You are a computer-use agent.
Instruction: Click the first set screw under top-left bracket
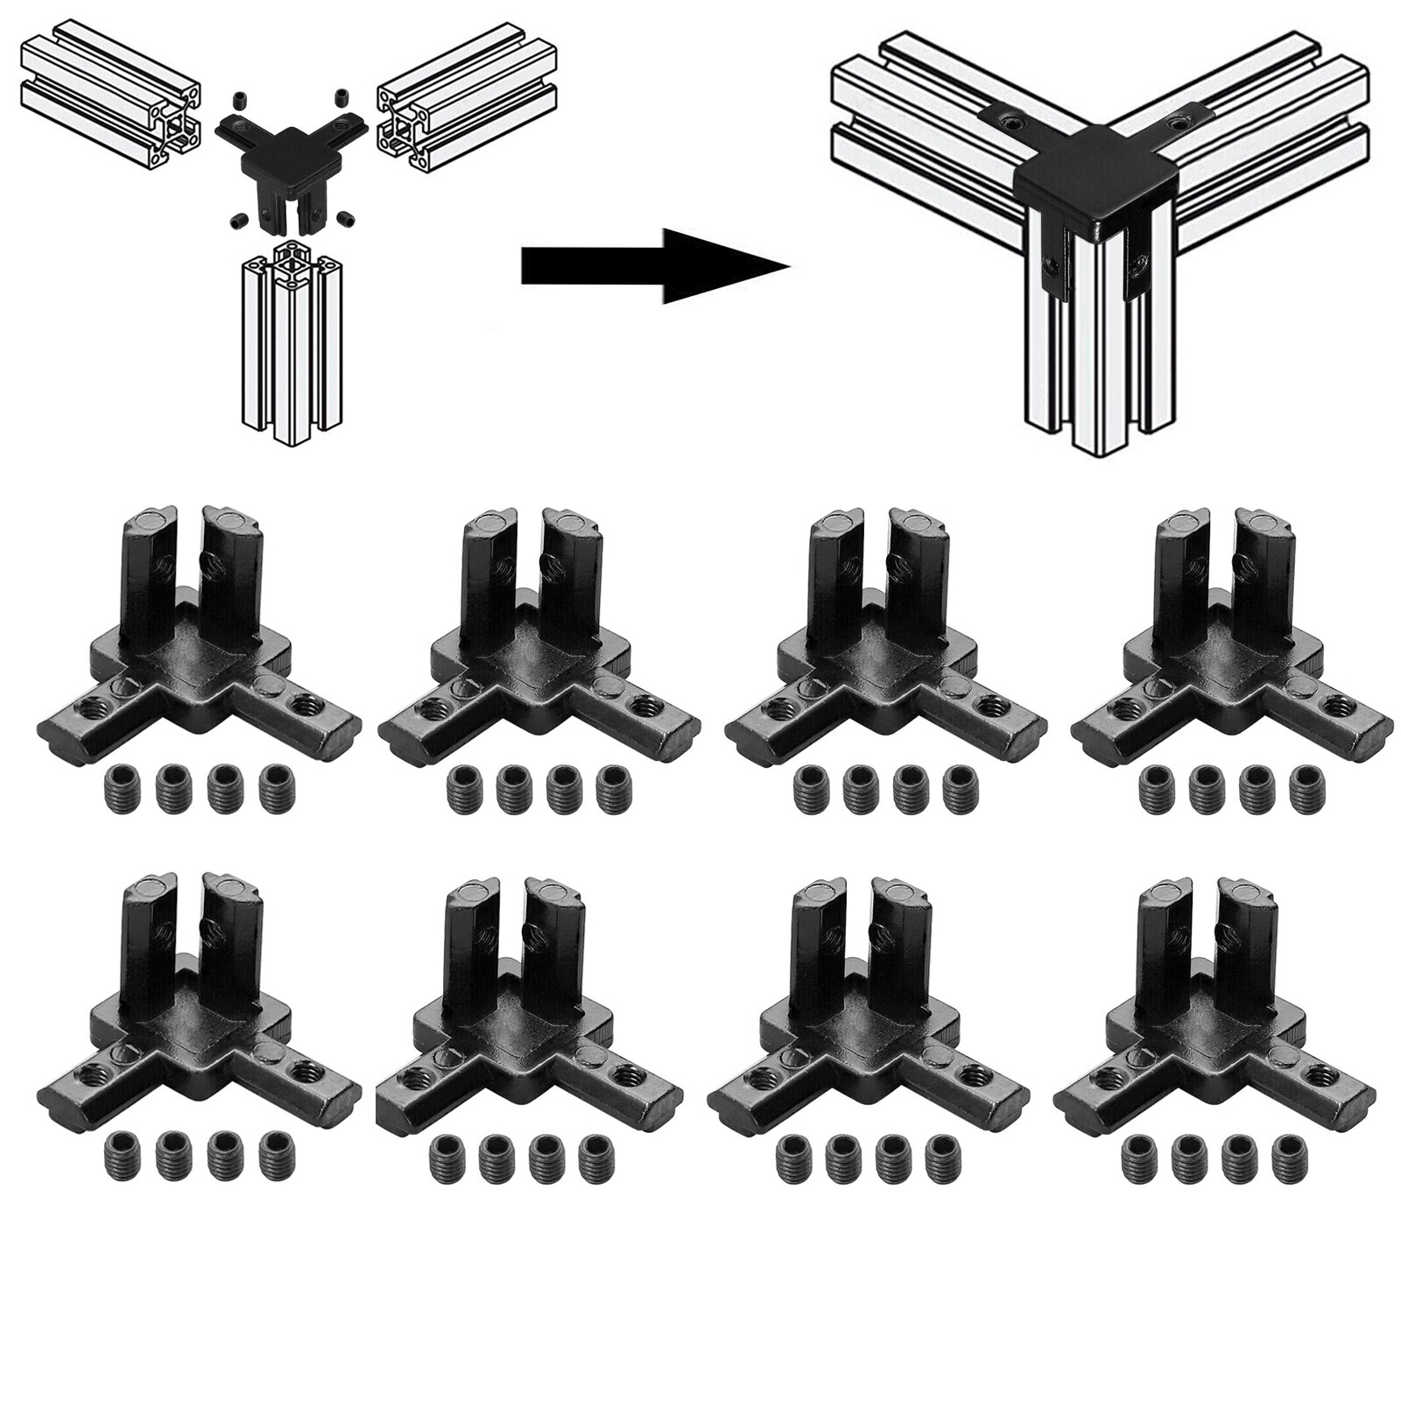[121, 785]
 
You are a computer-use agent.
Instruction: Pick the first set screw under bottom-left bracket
[121, 1153]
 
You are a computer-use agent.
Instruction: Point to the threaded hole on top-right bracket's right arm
[1336, 702]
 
